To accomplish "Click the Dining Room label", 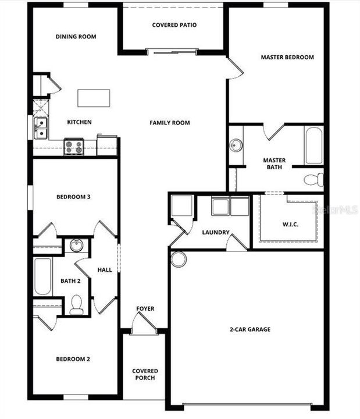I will click(x=76, y=37).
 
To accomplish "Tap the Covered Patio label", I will click(x=174, y=25).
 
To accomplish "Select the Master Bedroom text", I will click(x=287, y=57).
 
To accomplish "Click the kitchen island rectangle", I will click(x=94, y=98).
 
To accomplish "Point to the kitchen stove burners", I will click(x=73, y=147).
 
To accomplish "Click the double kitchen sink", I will click(x=40, y=128).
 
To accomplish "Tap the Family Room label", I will click(x=170, y=123).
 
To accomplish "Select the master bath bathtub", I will click(x=313, y=145).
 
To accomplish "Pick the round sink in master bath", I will click(x=236, y=145).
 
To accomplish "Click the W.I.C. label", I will click(x=290, y=224).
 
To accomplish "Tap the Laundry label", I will click(x=216, y=232).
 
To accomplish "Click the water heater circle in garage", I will click(x=179, y=259).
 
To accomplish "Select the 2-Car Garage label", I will click(x=249, y=329).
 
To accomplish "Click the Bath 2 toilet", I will click(x=76, y=304).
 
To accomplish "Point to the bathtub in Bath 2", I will click(x=42, y=276).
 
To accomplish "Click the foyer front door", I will click(x=144, y=324).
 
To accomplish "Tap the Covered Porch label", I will click(x=145, y=374).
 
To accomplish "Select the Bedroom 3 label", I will click(x=73, y=197).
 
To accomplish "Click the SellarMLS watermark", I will click(x=336, y=210).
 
